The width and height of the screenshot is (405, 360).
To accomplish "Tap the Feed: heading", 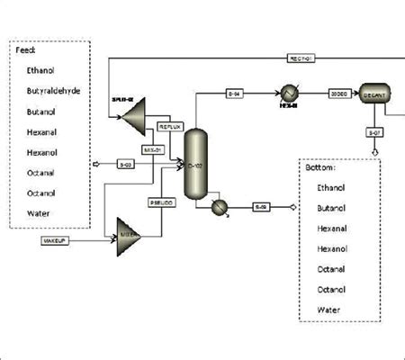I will click(x=28, y=50).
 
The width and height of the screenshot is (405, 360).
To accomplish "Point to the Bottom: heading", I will click(x=320, y=167).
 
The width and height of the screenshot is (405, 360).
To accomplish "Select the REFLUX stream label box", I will click(x=170, y=127).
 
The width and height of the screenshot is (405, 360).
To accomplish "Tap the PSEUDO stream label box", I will click(x=162, y=204).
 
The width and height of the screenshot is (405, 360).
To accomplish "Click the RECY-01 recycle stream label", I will click(x=301, y=59).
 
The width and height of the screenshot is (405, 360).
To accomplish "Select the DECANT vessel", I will click(x=372, y=93).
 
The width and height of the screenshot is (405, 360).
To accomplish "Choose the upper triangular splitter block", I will click(x=135, y=112).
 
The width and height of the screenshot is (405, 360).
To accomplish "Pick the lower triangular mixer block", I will click(x=127, y=237).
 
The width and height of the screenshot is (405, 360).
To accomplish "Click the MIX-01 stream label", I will click(x=152, y=149).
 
